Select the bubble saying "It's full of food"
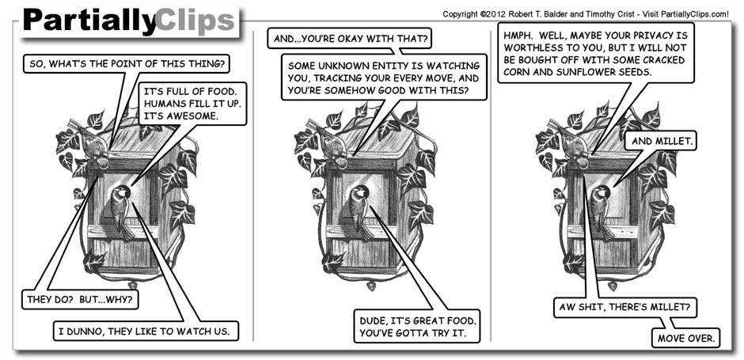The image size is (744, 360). (190, 102)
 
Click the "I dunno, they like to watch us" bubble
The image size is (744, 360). (145, 329)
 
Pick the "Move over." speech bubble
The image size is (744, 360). (686, 339)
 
